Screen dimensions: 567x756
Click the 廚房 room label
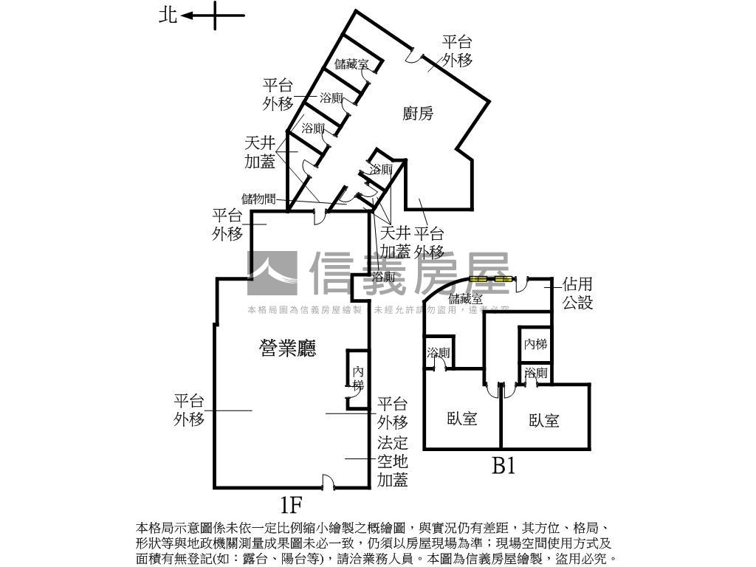(x=418, y=113)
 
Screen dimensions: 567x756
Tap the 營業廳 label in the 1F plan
(x=287, y=348)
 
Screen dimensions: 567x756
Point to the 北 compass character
(x=168, y=15)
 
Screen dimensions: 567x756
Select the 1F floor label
(x=292, y=506)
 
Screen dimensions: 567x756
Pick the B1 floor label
(x=504, y=467)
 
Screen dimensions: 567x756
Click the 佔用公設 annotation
(x=577, y=293)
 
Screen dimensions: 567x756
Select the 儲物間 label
(x=258, y=199)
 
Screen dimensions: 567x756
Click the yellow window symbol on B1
(x=491, y=280)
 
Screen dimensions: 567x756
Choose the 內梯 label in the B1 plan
(x=535, y=344)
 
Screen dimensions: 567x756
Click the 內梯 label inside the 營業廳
(x=358, y=378)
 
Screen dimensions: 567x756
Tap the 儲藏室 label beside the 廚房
(x=351, y=64)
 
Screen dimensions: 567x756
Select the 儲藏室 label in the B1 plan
(x=465, y=299)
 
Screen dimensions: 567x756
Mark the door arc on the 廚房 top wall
(x=416, y=55)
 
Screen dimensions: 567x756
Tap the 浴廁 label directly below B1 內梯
(x=536, y=374)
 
